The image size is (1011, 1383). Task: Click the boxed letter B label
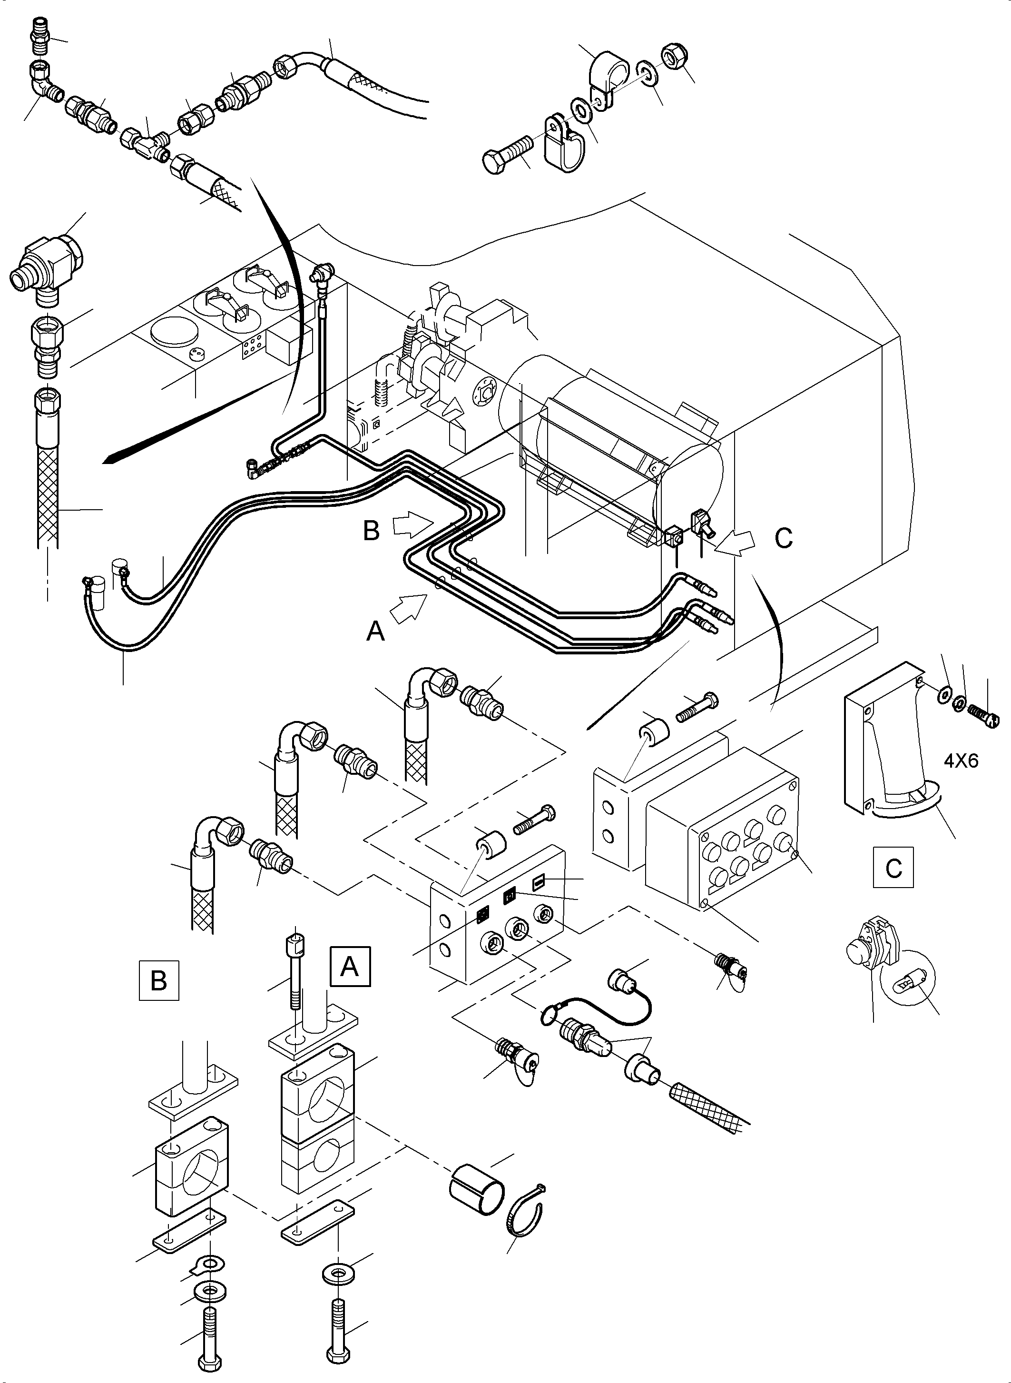pyautogui.click(x=159, y=980)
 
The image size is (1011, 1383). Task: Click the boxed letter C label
pyautogui.click(x=893, y=867)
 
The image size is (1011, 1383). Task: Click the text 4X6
pyautogui.click(x=961, y=761)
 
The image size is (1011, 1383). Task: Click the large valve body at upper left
pyautogui.click(x=45, y=265)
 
